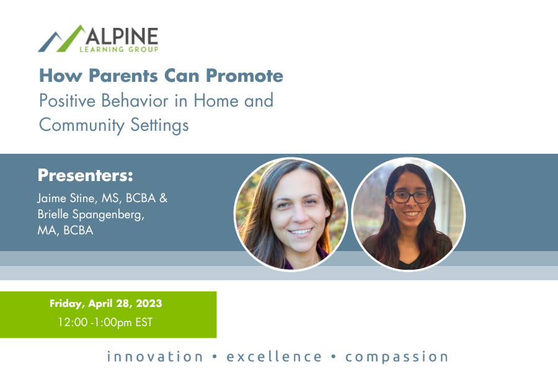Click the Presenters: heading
86,175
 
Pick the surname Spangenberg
114,215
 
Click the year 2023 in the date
148,304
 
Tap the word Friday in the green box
66,304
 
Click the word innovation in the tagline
155,356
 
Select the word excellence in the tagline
274,356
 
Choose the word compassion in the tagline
397,356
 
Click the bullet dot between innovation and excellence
215,357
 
